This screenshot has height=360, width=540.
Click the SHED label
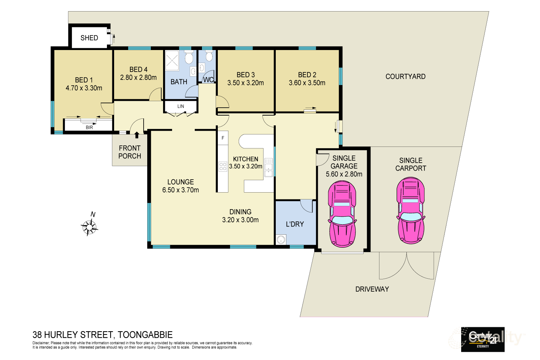pos(89,38)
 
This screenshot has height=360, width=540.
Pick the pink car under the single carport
pos(410,210)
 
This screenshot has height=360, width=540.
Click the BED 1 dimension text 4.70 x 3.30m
pos(84,88)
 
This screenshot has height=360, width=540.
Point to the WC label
pos(208,80)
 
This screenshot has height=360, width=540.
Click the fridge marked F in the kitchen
pos(223,138)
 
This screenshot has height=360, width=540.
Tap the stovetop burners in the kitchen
pos(223,166)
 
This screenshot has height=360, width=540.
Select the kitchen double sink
pos(269,167)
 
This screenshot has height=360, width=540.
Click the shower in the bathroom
pos(172,60)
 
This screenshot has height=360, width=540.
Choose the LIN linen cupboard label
pos(181,106)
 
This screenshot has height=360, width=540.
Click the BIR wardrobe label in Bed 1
pos(89,127)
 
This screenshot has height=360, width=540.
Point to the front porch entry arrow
pos(137,135)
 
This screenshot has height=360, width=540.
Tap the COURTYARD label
pos(405,77)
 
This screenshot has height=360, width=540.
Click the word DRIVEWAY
pos(372,289)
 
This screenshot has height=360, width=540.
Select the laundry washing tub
pos(281,239)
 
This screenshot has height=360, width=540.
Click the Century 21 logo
pos(483,339)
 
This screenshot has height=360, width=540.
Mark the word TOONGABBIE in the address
pos(145,335)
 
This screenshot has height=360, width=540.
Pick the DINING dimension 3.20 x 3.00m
pos(240,220)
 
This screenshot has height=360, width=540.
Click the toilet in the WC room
pos(209,56)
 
